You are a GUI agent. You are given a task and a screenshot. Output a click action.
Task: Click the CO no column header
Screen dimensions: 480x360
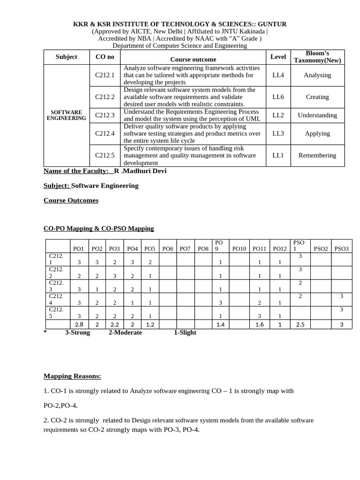tap(105, 57)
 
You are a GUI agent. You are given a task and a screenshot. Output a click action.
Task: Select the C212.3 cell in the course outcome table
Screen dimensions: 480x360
tap(105, 115)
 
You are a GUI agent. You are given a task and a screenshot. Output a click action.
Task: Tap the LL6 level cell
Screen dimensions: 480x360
tap(278, 97)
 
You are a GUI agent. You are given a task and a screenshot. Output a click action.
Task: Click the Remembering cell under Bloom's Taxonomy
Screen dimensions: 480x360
tap(317, 155)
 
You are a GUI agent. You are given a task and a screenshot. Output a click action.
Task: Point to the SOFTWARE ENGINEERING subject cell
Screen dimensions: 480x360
tap(66, 115)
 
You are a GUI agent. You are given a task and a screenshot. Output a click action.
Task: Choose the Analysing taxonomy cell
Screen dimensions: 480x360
tap(317, 75)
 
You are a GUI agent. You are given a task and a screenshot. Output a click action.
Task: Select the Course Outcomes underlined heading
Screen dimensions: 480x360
tap(71, 200)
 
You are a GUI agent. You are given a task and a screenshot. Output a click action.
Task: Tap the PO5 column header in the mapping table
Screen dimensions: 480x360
tap(150, 249)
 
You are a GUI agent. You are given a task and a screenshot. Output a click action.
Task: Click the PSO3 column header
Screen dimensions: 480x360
tap(341, 249)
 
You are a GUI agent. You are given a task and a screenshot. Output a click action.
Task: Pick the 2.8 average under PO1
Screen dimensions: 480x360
tap(79, 324)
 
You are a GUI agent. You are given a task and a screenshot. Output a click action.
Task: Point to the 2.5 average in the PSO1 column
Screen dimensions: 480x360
tap(300, 324)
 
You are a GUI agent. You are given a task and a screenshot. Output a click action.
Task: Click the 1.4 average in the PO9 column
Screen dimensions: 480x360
tap(220, 324)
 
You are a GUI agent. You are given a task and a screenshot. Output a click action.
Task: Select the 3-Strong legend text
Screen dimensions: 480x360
tap(77, 332)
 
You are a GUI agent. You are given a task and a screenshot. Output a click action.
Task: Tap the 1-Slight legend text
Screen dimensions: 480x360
tap(185, 332)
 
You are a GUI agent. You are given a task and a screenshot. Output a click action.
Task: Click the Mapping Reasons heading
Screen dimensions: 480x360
tap(72, 376)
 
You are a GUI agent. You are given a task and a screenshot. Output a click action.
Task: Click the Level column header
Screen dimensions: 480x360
tap(278, 57)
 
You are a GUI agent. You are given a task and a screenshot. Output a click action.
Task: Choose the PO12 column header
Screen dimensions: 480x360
tap(279, 249)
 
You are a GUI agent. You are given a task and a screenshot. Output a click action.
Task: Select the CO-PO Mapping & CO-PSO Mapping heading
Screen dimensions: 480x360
tap(98, 228)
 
